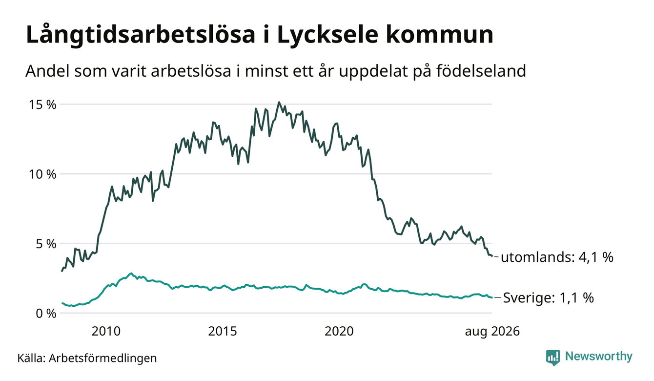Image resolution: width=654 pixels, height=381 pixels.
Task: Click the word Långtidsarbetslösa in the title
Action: tap(141, 36)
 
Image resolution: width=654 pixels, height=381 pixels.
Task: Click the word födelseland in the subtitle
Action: tap(481, 71)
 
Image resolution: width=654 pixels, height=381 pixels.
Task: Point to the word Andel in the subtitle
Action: tap(48, 71)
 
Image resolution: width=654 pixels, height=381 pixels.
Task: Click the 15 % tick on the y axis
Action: tap(42, 105)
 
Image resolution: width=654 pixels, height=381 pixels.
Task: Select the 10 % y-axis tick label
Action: tap(42, 174)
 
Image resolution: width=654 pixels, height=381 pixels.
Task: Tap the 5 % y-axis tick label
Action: tap(46, 244)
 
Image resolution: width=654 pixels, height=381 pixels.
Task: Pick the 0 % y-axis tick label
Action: tap(46, 314)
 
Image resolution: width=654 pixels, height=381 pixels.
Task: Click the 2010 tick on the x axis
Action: tap(106, 332)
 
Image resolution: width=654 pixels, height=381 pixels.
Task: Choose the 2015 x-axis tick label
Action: tap(223, 332)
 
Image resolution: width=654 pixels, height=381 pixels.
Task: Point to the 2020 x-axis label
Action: tap(339, 332)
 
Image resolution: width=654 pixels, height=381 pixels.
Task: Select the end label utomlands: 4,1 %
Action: tap(557, 257)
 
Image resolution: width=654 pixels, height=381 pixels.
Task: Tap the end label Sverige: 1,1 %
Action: tap(549, 298)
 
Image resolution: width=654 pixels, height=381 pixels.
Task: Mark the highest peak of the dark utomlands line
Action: tap(279, 102)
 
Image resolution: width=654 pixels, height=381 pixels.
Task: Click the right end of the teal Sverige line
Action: tap(492, 298)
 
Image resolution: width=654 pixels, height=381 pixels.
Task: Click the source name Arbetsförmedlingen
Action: tap(103, 359)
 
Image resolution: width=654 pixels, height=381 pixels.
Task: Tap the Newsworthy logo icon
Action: tap(553, 358)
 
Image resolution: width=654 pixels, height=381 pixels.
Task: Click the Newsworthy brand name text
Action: tap(599, 357)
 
